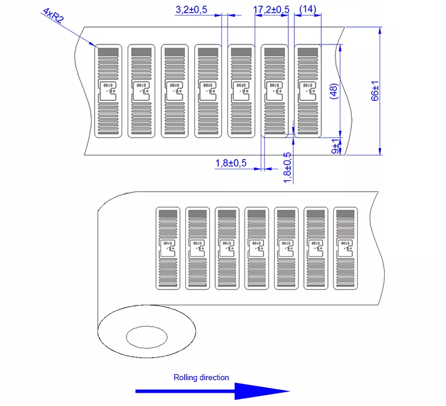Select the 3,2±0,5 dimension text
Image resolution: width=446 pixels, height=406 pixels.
[191, 10]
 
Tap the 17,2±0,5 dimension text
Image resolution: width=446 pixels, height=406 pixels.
[271, 10]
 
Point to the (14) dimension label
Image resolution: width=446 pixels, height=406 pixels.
[307, 9]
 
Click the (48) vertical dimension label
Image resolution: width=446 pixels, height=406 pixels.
[334, 91]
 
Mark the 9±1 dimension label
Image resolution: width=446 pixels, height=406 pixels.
[336, 145]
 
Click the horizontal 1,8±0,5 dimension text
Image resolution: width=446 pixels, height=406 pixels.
[231, 163]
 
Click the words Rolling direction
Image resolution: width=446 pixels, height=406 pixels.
[201, 378]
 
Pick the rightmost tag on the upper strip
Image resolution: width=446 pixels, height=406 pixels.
[308, 91]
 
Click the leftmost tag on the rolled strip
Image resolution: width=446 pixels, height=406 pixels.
[168, 248]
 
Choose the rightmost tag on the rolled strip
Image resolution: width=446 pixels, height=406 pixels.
[345, 248]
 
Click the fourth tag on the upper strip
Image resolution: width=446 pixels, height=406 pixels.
[208, 91]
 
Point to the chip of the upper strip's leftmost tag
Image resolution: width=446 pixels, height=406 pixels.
[109, 87]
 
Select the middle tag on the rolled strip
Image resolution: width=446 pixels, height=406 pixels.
[257, 248]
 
